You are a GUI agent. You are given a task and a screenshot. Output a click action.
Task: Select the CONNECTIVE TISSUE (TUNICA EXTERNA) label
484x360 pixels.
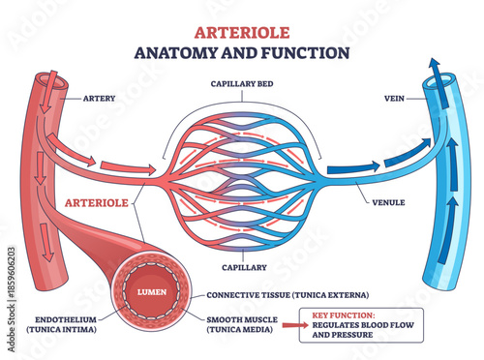tap(290, 294)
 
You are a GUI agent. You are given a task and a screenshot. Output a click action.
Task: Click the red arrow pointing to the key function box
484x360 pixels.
tap(293, 328)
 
